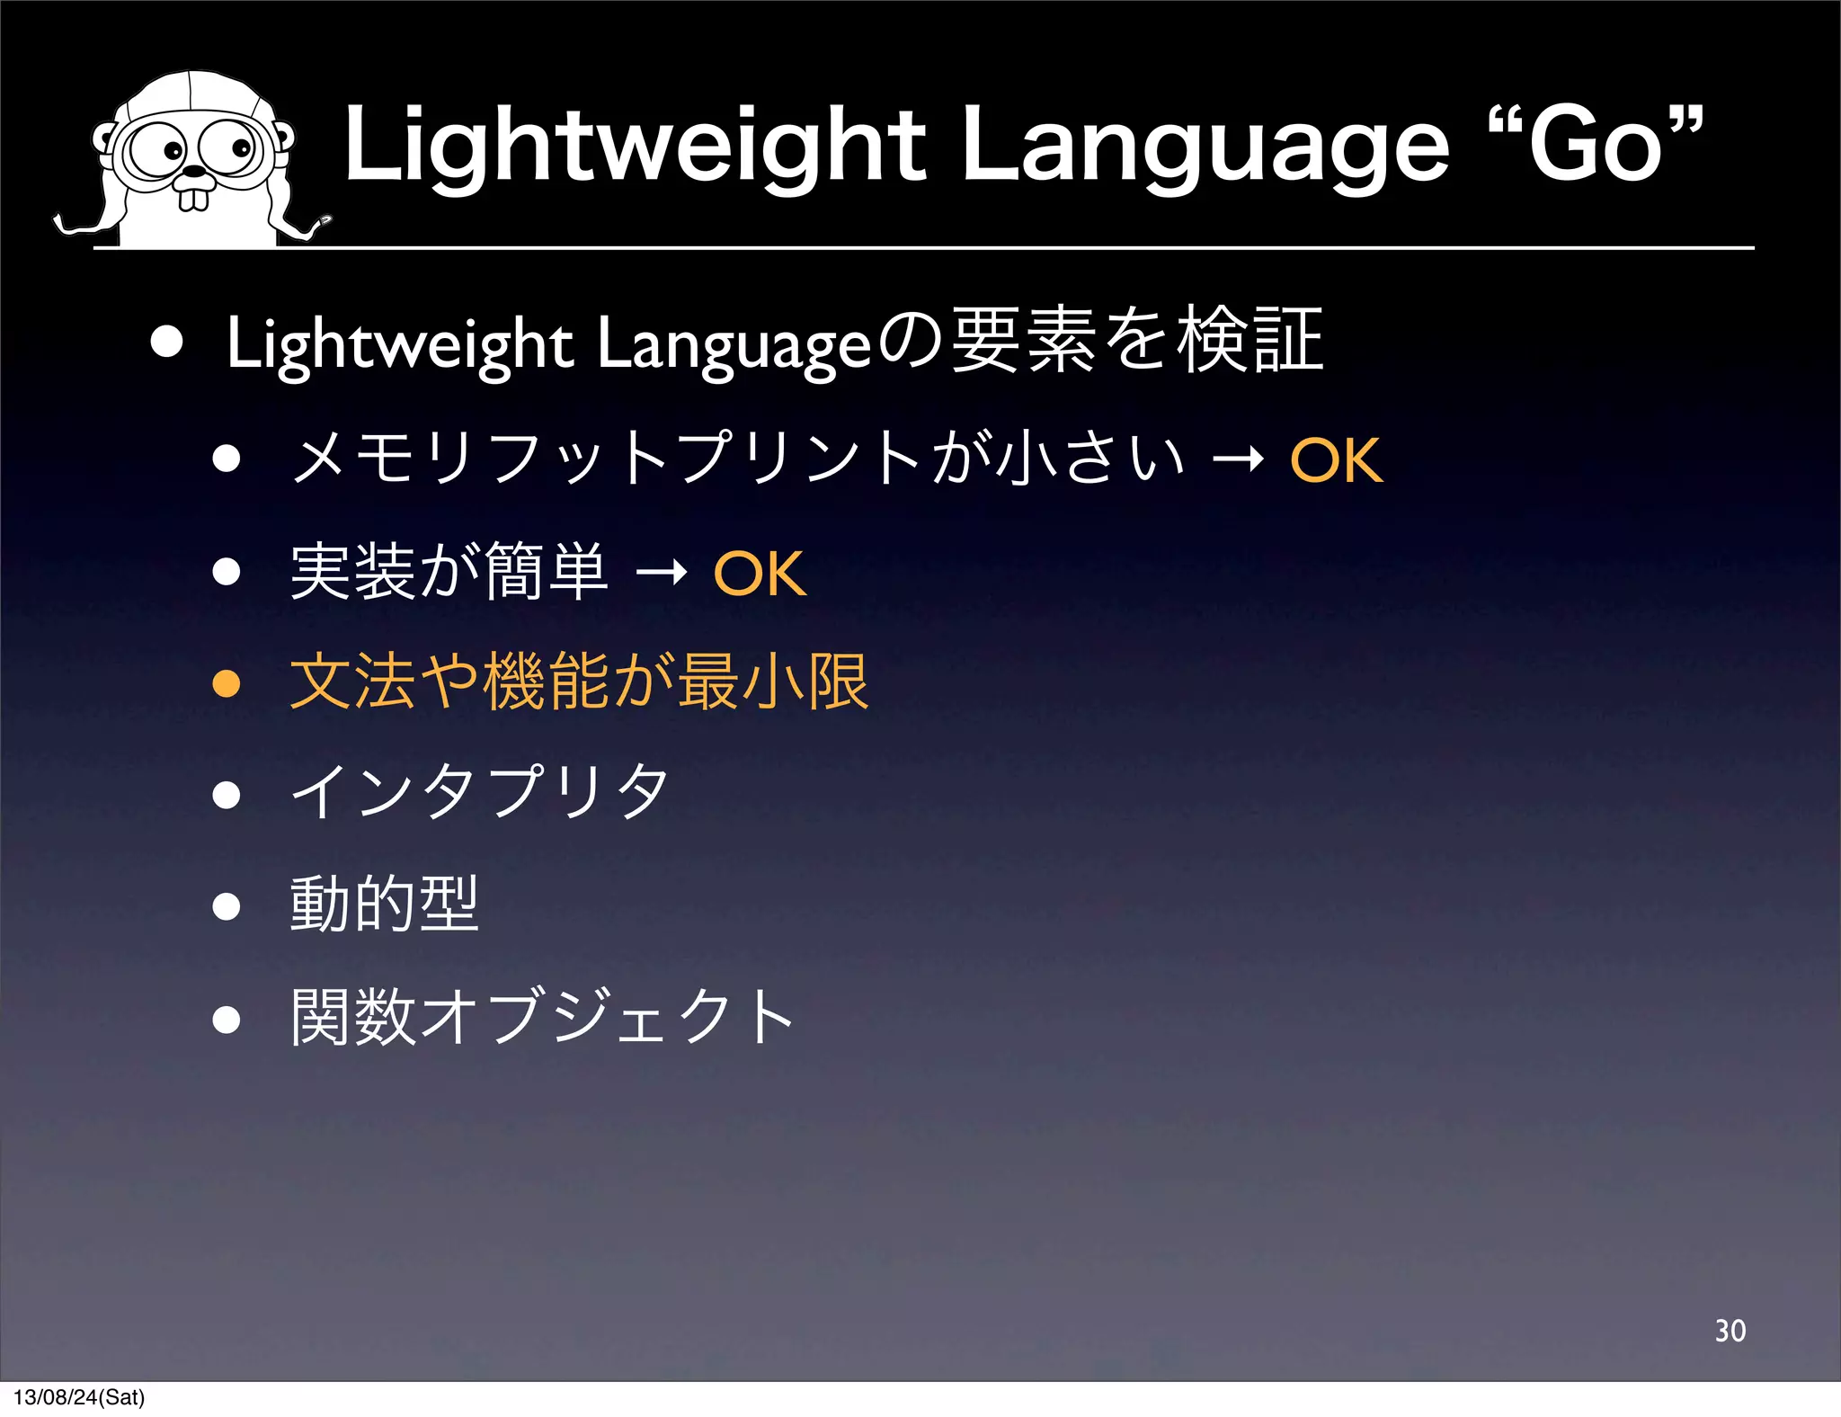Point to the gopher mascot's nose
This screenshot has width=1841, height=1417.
(194, 170)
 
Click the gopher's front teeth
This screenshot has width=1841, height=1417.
(193, 198)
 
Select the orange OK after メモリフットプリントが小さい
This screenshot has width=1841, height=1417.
(1336, 461)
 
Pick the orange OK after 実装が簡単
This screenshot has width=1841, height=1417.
(760, 574)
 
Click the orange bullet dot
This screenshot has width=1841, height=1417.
(227, 683)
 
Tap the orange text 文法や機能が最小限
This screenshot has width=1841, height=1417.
(579, 682)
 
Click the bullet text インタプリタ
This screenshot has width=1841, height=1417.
(480, 793)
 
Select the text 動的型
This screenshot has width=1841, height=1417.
(384, 905)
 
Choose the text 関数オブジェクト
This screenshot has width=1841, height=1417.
(542, 1017)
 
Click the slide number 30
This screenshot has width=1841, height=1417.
(1730, 1331)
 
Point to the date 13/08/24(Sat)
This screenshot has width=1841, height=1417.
(79, 1397)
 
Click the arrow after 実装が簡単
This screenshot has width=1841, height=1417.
(661, 573)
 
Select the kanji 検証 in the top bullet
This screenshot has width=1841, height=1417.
(1250, 341)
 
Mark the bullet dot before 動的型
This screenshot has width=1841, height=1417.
(227, 906)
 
